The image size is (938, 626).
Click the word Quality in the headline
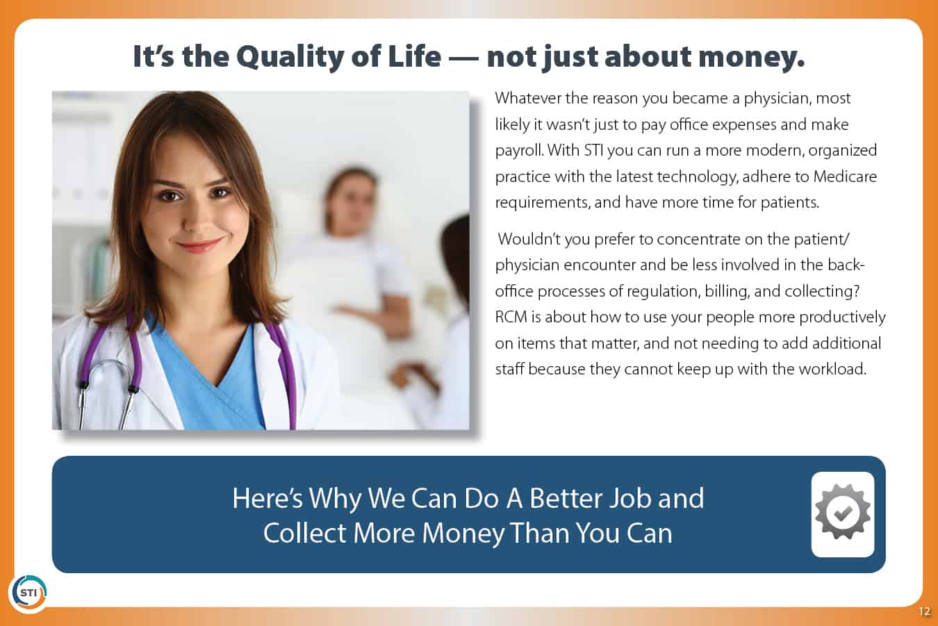click(x=290, y=58)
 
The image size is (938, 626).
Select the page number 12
click(x=924, y=611)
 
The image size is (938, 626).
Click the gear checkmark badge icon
click(x=843, y=512)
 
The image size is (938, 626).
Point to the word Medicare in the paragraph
click(x=845, y=176)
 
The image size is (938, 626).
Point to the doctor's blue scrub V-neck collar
click(x=209, y=360)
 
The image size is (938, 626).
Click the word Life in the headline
click(x=415, y=57)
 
